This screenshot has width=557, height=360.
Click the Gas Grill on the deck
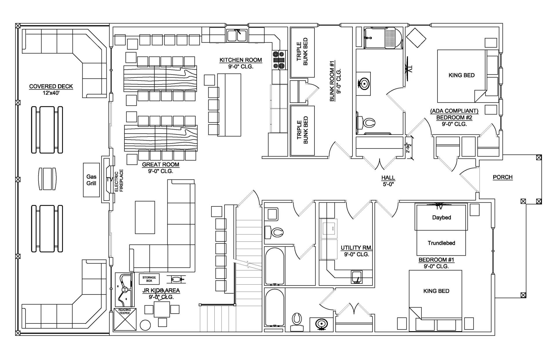click(x=91, y=180)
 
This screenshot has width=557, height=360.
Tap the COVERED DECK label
click(x=51, y=86)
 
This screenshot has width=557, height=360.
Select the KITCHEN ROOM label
click(x=240, y=60)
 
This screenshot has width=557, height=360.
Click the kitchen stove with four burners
click(x=278, y=60)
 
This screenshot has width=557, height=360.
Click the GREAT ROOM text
click(x=160, y=164)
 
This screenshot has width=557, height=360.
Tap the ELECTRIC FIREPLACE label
click(x=119, y=181)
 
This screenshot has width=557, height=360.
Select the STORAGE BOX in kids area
click(x=149, y=279)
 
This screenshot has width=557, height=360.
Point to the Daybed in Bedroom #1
click(x=441, y=217)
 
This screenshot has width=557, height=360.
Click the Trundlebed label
click(x=441, y=243)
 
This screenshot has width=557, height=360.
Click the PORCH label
click(x=502, y=177)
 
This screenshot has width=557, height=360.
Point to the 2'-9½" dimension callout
click(x=408, y=148)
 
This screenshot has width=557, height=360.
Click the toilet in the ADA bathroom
click(x=366, y=122)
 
